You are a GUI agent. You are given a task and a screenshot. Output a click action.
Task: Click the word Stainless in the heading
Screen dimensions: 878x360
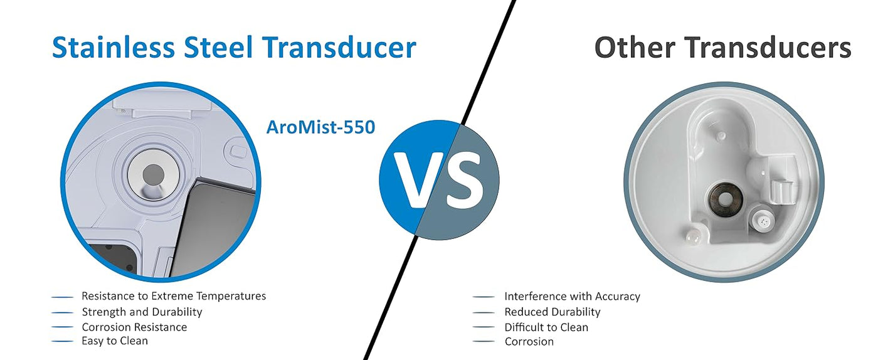[114, 48]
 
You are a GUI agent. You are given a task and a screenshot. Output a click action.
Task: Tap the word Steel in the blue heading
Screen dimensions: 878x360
[218, 48]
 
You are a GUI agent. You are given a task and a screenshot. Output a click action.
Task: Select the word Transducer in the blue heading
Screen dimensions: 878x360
[339, 48]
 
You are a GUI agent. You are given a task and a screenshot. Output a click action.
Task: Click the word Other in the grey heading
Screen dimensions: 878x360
[635, 48]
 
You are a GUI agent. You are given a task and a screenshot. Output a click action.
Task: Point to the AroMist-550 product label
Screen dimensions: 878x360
[320, 127]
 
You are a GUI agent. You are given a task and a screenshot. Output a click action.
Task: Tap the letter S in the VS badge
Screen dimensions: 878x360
[465, 180]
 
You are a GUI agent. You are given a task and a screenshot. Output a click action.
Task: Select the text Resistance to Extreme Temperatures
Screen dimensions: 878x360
[174, 296]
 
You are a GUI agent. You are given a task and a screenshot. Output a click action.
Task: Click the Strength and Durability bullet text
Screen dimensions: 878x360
[142, 312]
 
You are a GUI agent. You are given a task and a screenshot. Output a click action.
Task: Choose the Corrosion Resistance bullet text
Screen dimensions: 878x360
[134, 327]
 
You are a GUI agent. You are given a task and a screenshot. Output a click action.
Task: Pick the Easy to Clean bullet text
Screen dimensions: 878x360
[115, 341]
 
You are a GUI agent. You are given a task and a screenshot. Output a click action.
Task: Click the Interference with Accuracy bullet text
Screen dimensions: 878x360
[572, 297]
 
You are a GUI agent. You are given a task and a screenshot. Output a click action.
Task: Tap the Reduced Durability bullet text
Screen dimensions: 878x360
[553, 312]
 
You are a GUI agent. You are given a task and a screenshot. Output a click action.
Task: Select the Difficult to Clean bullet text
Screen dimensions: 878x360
[546, 327]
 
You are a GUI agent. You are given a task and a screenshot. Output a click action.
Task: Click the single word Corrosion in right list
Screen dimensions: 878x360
[529, 342]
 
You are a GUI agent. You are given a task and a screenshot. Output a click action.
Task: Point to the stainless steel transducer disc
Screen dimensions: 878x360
[153, 174]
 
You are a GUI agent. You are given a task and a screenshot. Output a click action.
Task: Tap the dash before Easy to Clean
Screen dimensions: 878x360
[62, 342]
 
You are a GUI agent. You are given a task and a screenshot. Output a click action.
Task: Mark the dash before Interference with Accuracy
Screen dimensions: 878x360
[484, 297]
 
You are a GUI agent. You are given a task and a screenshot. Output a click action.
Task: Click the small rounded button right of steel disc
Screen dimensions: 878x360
[238, 151]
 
